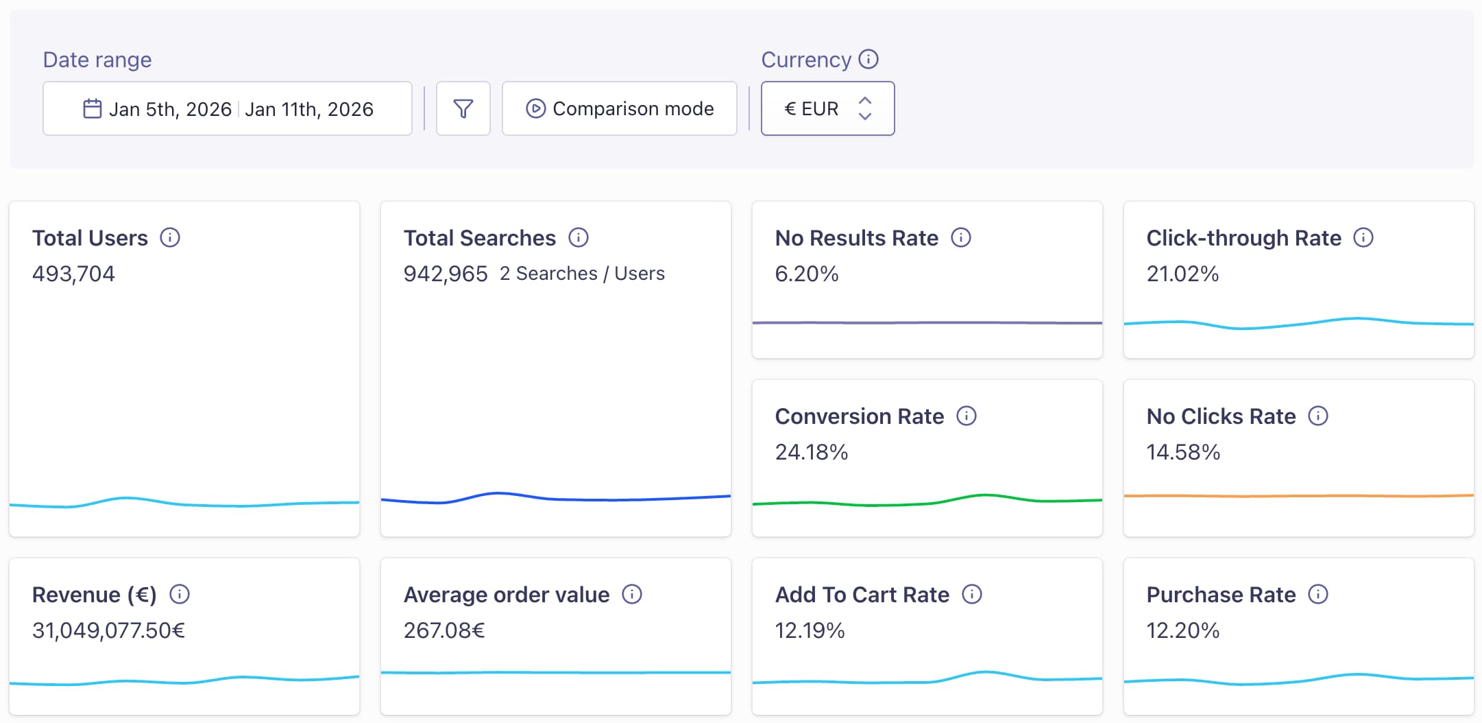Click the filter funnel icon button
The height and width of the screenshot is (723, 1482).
click(x=463, y=108)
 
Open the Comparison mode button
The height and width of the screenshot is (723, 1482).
click(x=620, y=108)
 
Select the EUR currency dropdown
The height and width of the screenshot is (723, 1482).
click(x=827, y=108)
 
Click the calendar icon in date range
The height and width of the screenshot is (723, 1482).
click(x=92, y=108)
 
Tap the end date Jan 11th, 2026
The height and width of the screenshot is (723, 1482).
click(x=309, y=109)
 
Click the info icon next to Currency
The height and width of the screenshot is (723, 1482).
click(x=868, y=59)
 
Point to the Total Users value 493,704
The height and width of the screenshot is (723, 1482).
click(x=73, y=274)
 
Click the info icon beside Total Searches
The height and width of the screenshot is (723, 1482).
click(x=579, y=237)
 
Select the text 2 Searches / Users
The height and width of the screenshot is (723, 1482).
click(x=582, y=274)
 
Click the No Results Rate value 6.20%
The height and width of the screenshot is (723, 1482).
click(x=806, y=274)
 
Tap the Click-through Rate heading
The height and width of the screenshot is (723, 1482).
click(x=1243, y=238)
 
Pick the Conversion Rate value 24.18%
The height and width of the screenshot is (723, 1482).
click(x=811, y=452)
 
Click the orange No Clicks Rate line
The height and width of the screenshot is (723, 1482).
click(x=1298, y=495)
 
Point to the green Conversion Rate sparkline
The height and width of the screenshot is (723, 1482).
click(x=927, y=503)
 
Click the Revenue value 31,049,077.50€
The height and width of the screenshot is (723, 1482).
click(x=108, y=630)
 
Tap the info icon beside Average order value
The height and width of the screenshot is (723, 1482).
click(x=632, y=594)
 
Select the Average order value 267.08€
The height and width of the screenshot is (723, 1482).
click(x=444, y=630)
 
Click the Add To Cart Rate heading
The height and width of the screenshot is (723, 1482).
click(x=862, y=595)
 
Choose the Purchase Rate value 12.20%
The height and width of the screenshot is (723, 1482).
click(x=1182, y=630)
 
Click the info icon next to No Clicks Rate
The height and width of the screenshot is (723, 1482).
click(x=1318, y=416)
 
